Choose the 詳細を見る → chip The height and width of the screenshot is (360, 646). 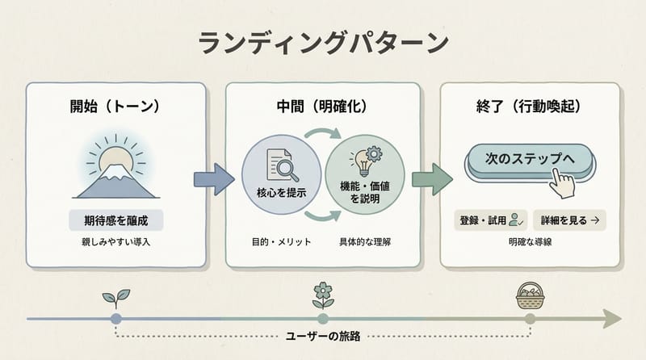(x=570, y=219)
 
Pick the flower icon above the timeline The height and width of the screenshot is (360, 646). (x=322, y=295)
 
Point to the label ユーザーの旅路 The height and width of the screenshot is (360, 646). (x=322, y=335)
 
